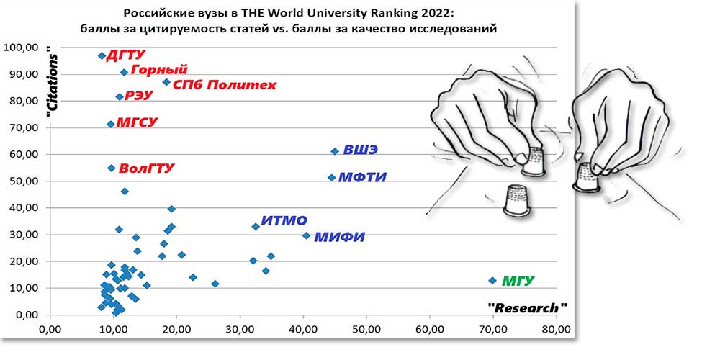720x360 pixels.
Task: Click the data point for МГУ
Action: tap(492, 280)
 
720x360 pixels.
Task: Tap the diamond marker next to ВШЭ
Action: tap(335, 151)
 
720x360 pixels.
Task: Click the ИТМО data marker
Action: tap(256, 226)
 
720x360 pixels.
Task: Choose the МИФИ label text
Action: tap(340, 236)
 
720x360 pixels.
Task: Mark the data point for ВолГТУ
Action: tap(111, 168)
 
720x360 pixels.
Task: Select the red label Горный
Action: tap(160, 70)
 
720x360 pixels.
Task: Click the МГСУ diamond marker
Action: tap(110, 124)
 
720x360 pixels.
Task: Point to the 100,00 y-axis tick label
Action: tap(22, 48)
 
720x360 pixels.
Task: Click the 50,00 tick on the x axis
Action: tap(366, 330)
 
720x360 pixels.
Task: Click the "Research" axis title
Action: tap(527, 307)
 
